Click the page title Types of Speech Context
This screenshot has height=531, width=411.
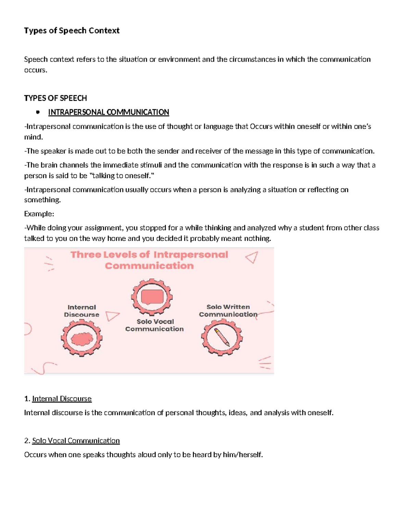pos(72,31)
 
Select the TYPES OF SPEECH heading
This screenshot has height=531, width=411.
pos(55,98)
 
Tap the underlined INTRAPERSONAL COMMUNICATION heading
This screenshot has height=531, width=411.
pos(109,112)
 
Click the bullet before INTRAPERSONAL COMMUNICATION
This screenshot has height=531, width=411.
pos(38,112)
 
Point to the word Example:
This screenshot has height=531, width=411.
pos(39,214)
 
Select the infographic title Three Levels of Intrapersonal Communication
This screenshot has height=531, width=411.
pos(149,260)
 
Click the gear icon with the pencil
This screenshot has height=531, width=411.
pos(222,337)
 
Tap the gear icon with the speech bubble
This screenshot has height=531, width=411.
pos(152,297)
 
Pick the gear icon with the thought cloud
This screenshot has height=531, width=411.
pos(82,338)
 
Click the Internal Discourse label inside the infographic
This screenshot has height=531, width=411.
pos(82,311)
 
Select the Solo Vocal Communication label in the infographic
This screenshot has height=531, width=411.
pos(154,325)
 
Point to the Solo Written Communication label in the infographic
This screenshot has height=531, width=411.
pos(228,310)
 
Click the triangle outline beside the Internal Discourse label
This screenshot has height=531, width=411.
pos(112,316)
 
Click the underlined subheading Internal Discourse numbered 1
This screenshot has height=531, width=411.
pos(62,399)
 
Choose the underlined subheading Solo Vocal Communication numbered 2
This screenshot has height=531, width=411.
pos(76,441)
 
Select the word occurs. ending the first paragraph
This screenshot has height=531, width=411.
pos(35,70)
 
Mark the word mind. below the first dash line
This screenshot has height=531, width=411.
pos(33,137)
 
